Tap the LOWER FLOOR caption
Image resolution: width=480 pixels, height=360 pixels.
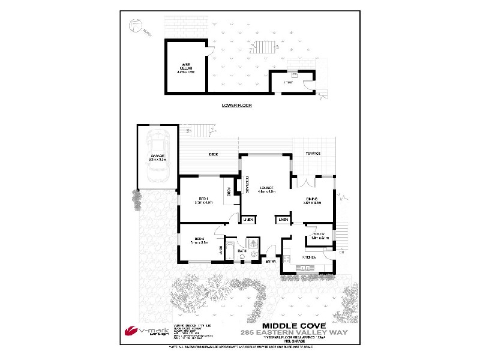coord(236,105)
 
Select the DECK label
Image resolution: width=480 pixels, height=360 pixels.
coord(213,154)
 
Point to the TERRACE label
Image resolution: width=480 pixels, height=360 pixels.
coord(313,154)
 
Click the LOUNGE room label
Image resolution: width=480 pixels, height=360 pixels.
coord(266,189)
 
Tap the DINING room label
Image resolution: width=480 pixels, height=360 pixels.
coord(311,200)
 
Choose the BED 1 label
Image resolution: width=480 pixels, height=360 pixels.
coord(203,200)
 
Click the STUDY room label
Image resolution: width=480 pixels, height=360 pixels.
coord(319,235)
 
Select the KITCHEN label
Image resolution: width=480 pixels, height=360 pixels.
coord(308,257)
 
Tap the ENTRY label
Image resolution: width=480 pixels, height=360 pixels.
coord(271,261)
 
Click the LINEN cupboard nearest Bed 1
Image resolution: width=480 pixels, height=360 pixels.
coord(247,220)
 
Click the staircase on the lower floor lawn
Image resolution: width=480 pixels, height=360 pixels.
coord(265,46)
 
